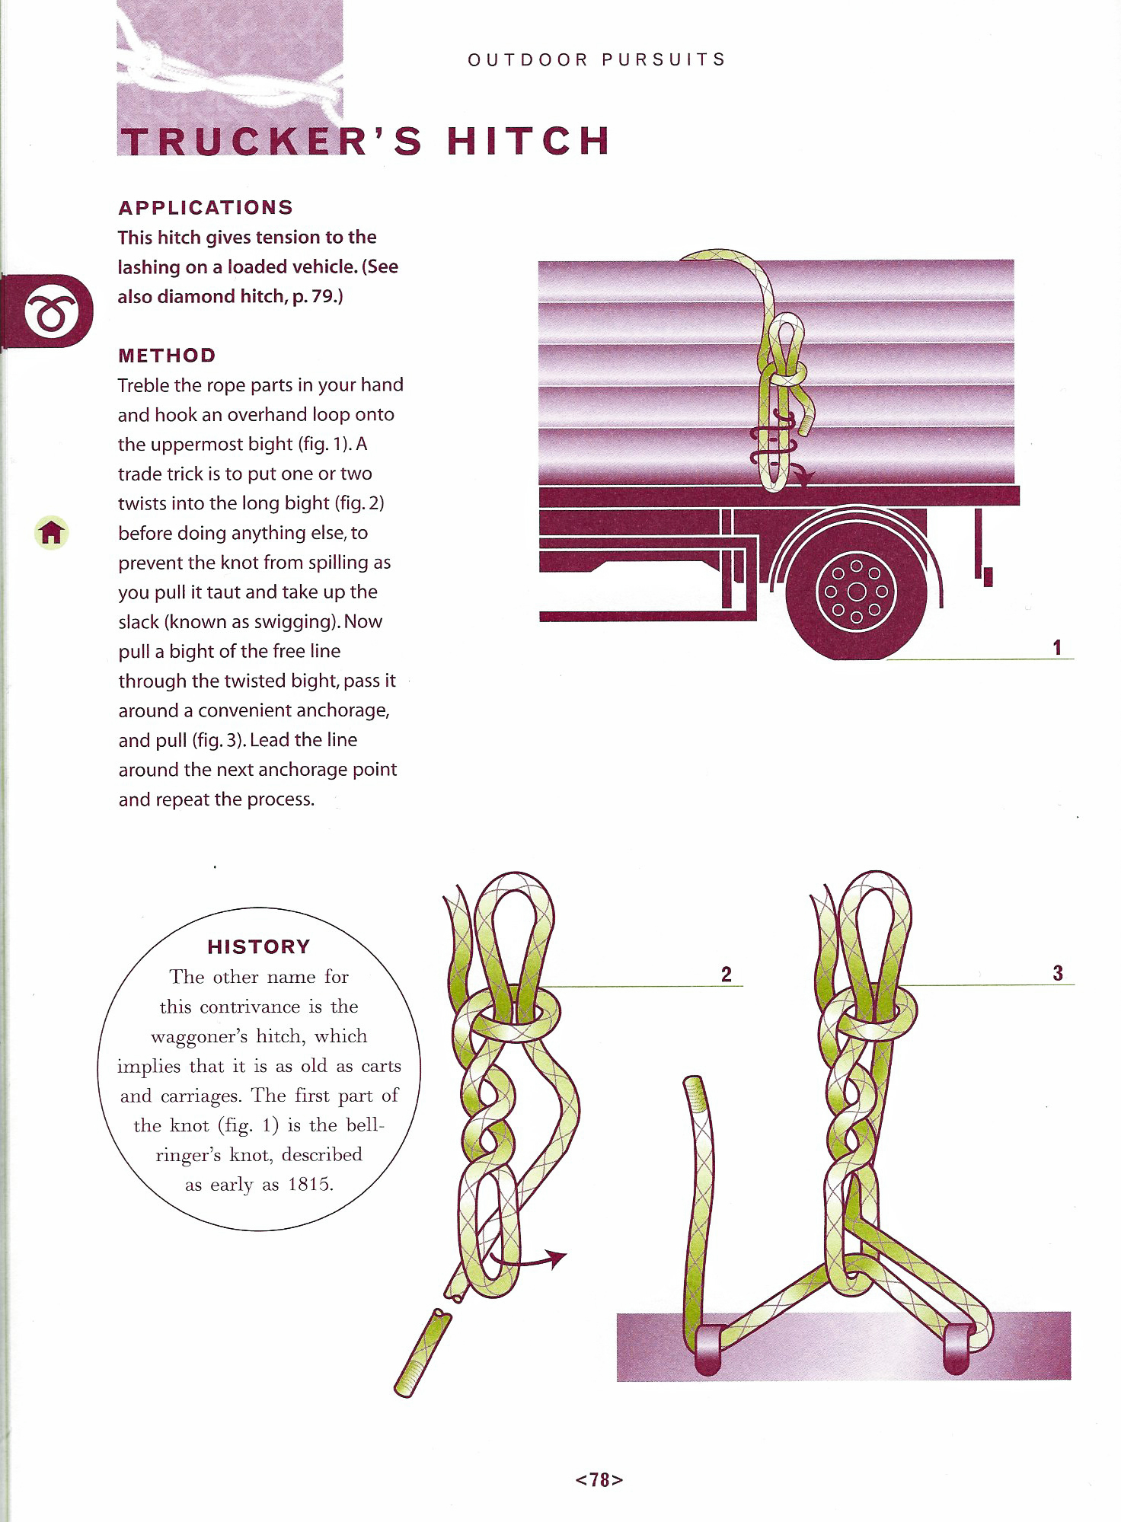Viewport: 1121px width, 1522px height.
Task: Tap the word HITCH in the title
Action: [x=529, y=142]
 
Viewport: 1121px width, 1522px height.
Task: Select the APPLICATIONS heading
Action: [x=206, y=208]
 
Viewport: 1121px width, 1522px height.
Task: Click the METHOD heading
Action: [x=167, y=356]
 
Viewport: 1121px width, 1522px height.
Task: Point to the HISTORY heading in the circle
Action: [x=259, y=947]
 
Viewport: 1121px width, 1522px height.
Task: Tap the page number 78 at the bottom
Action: [x=599, y=1479]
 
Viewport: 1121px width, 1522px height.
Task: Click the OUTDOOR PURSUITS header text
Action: [x=597, y=60]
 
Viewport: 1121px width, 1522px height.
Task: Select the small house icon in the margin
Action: [x=52, y=532]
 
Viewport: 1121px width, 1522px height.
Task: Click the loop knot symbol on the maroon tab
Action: [x=51, y=311]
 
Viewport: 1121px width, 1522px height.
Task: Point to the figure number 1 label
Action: [x=1057, y=647]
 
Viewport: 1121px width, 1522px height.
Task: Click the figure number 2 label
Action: [x=727, y=975]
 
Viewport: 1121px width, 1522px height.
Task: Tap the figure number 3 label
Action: [x=1058, y=973]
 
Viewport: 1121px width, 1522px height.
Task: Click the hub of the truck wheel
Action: [x=857, y=592]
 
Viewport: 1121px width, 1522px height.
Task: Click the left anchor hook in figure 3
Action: [x=707, y=1350]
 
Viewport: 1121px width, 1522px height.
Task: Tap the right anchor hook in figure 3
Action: [x=957, y=1348]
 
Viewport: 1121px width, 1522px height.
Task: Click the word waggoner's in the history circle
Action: [x=199, y=1036]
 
